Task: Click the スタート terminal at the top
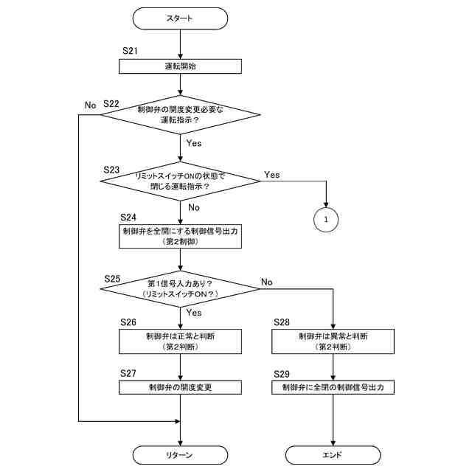click(x=180, y=18)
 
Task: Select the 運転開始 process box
click(x=180, y=66)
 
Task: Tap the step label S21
click(x=130, y=51)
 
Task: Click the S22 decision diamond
click(x=180, y=115)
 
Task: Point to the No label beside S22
click(x=90, y=105)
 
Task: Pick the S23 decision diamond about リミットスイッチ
click(x=180, y=181)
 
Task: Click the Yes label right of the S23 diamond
click(x=272, y=175)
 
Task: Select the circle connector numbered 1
click(x=326, y=220)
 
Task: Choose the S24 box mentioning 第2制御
click(x=180, y=236)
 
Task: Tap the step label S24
click(x=128, y=217)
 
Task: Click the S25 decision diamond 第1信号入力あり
click(x=180, y=288)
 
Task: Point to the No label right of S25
click(x=267, y=282)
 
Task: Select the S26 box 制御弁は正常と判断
click(x=180, y=341)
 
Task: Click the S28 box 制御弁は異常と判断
click(x=333, y=341)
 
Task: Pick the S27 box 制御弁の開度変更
click(x=180, y=387)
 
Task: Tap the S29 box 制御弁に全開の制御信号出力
click(x=333, y=387)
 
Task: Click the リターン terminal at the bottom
click(x=180, y=455)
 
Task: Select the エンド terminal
click(x=333, y=455)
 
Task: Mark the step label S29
click(x=282, y=374)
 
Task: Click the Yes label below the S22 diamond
click(x=193, y=143)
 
